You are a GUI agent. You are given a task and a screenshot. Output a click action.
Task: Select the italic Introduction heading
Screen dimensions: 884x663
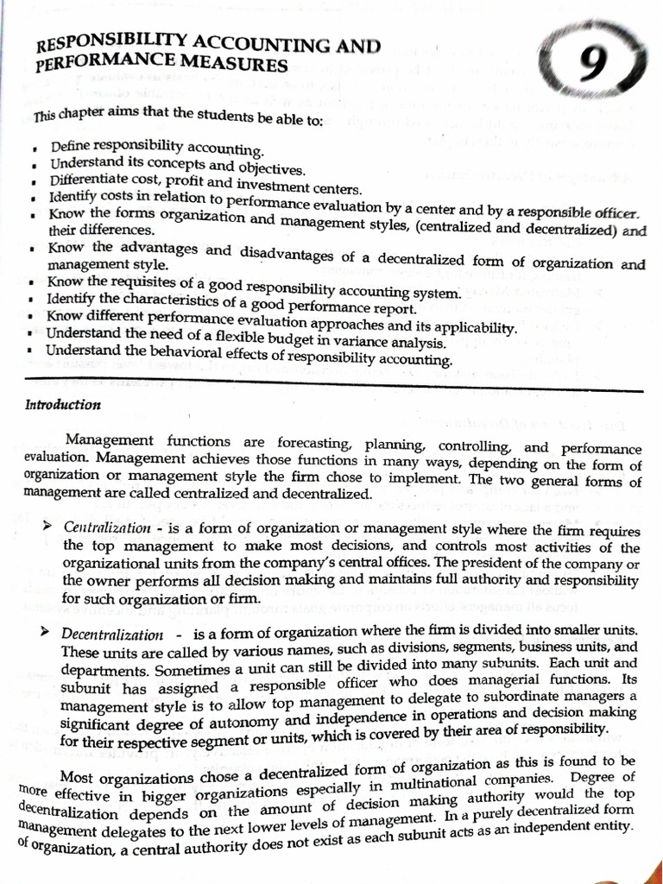point(62,404)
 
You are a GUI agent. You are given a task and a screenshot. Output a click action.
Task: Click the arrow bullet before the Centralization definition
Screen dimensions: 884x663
point(47,524)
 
